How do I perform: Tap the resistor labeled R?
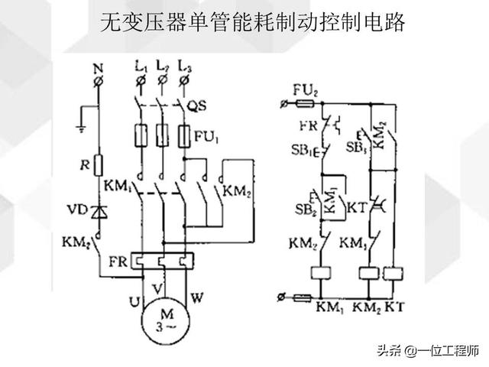(98, 164)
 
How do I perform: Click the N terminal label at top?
(98, 68)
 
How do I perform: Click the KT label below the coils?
(394, 307)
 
